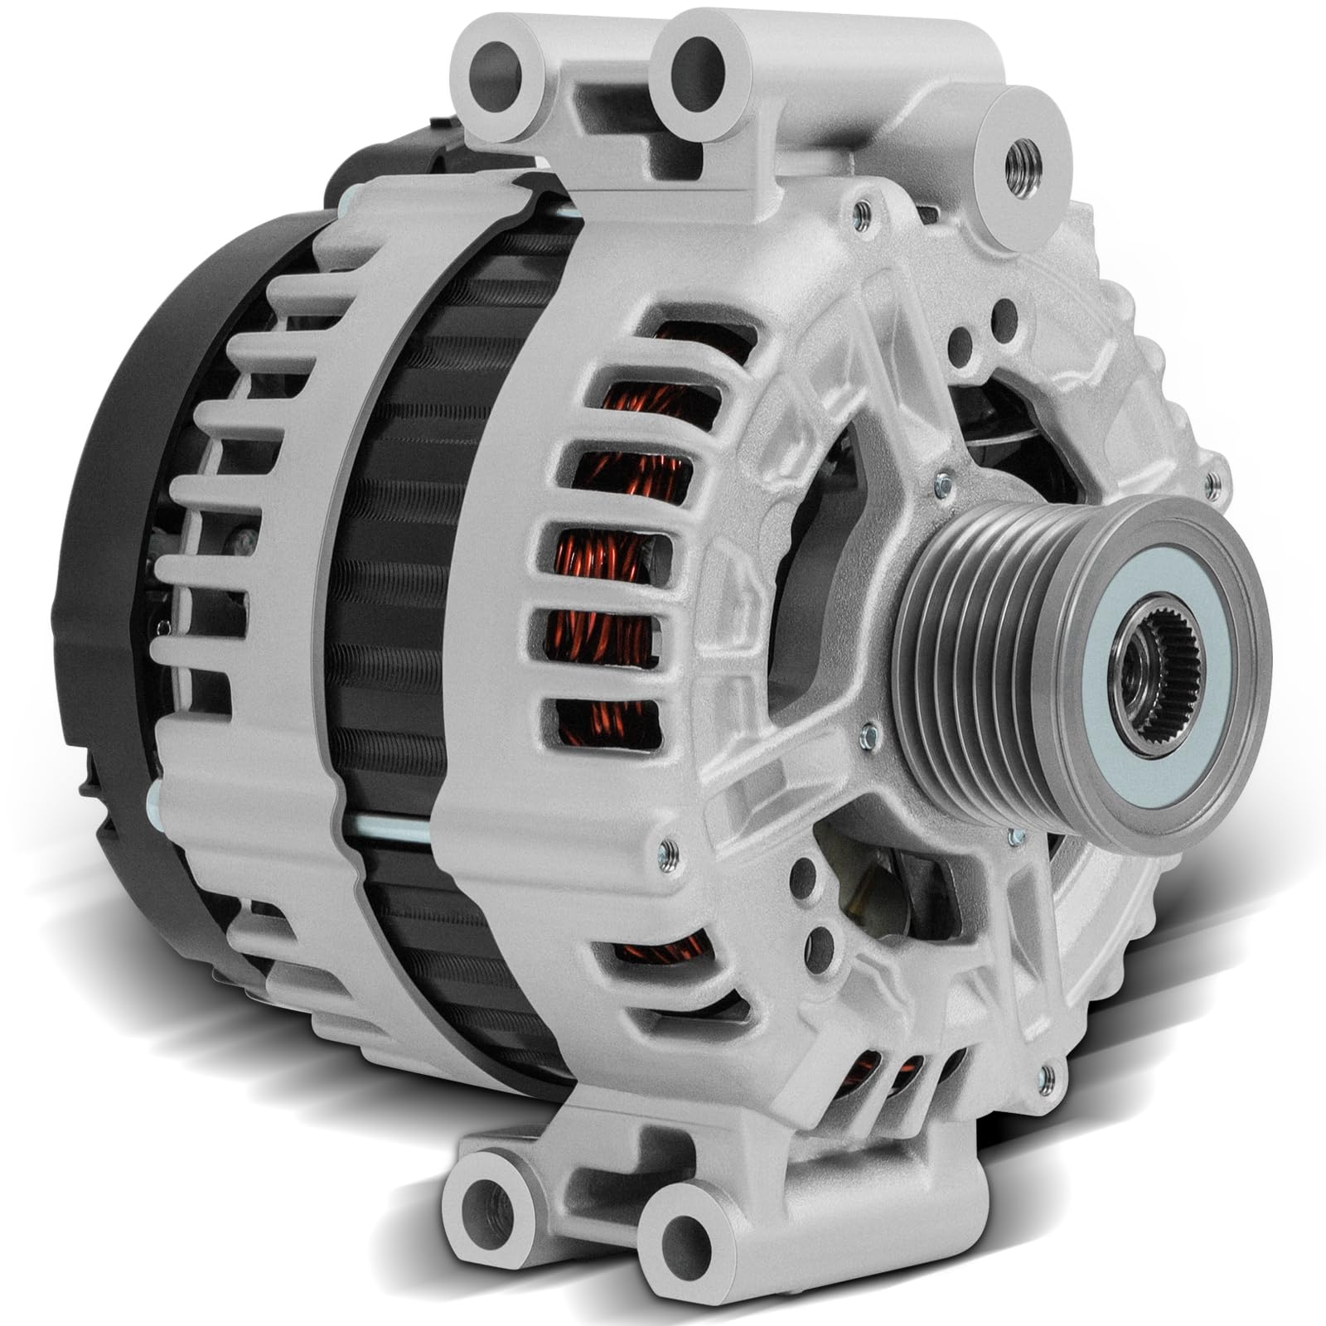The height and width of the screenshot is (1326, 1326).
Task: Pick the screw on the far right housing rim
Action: [x=1212, y=477]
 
